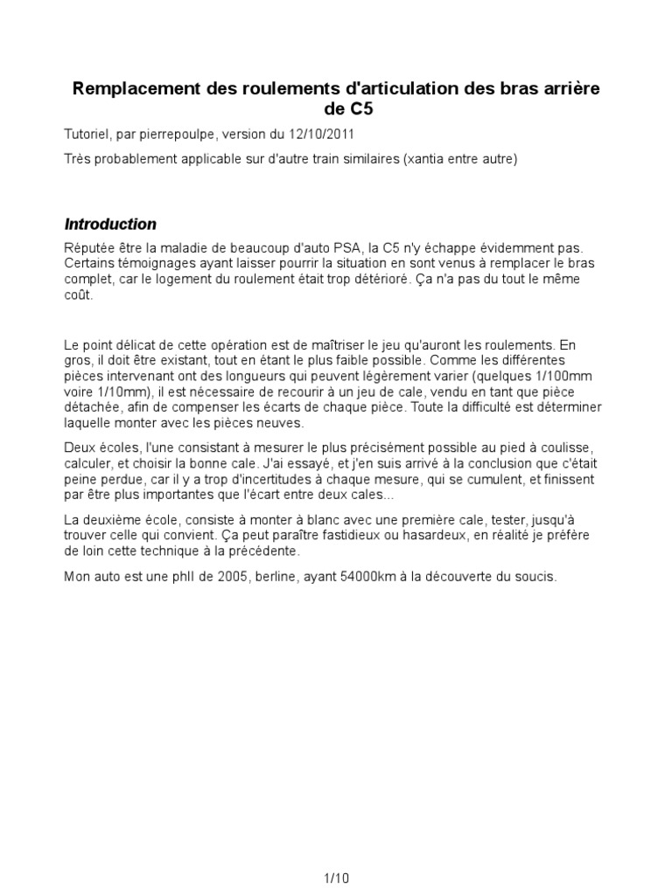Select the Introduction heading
click(x=110, y=225)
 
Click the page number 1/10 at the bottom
click(x=336, y=878)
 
